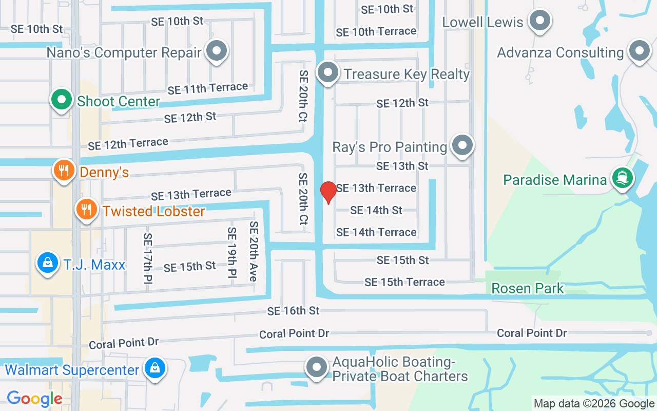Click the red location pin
[328, 192]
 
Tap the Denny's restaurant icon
[64, 170]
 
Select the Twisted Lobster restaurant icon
[87, 210]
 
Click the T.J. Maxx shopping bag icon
[47, 263]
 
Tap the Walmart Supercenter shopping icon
[154, 368]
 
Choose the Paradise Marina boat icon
[622, 178]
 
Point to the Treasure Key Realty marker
[327, 73]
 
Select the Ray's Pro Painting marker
[462, 145]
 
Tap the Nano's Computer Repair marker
[217, 51]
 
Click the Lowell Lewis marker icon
[539, 21]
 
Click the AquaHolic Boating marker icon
[317, 367]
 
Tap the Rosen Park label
[528, 288]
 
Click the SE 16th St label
[293, 311]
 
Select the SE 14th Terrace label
[376, 232]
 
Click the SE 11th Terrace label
[207, 88]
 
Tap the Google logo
[34, 399]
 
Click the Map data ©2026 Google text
[593, 403]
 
